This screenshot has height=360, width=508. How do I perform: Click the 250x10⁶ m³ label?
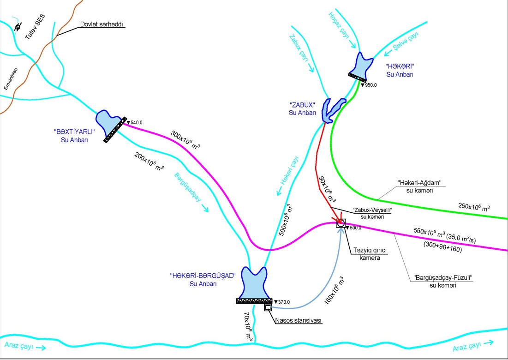point(474,207)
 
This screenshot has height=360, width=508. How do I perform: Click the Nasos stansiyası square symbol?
point(267,307)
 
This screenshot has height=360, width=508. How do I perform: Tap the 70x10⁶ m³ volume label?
point(249,327)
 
